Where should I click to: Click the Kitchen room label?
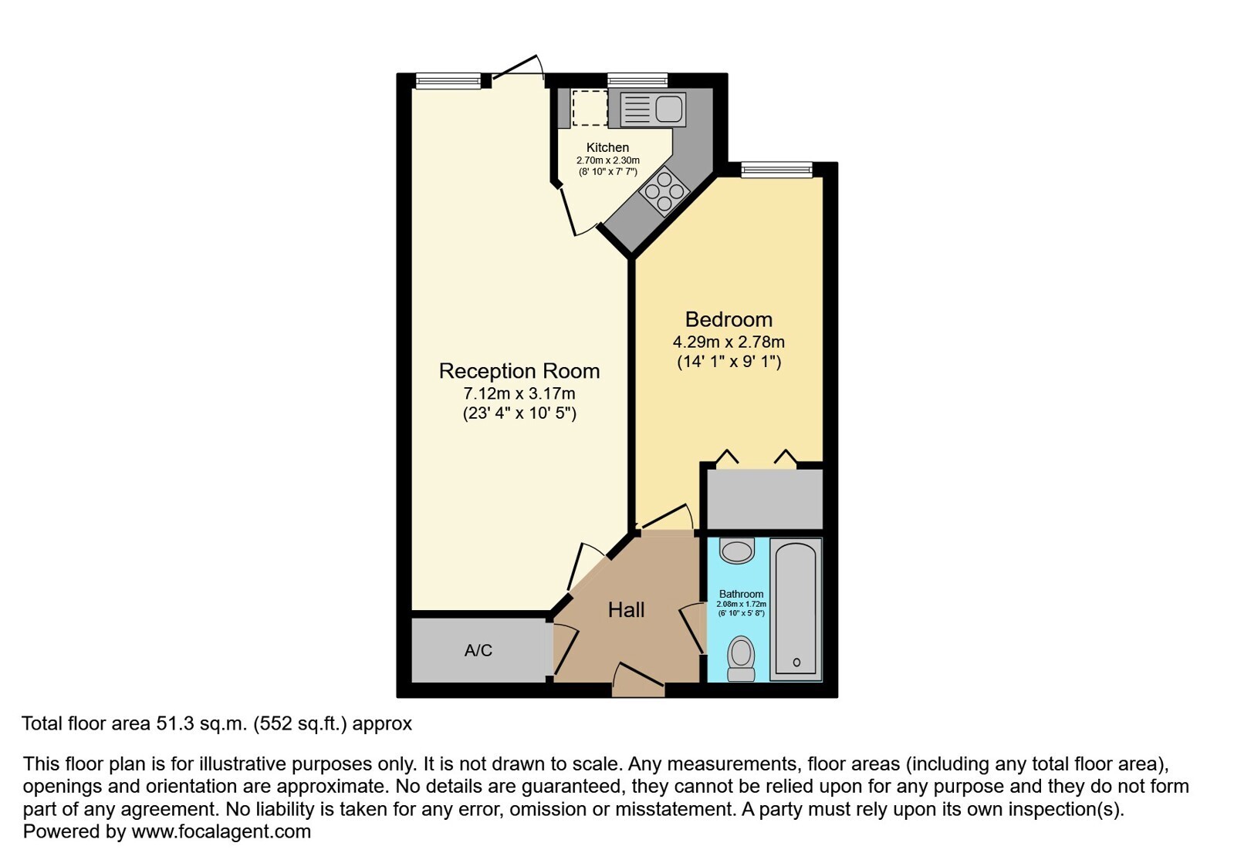[x=607, y=147]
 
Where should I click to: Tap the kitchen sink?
[x=653, y=110]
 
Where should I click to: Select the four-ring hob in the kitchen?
[x=664, y=192]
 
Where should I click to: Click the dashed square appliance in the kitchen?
[x=590, y=109]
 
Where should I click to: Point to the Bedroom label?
[x=729, y=319]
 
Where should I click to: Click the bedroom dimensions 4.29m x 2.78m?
[x=729, y=342]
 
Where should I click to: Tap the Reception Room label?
[x=519, y=371]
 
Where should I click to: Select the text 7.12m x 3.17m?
[x=519, y=393]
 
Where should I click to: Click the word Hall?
[x=626, y=610]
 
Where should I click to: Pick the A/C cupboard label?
[x=478, y=651]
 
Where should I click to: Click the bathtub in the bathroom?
[x=796, y=610]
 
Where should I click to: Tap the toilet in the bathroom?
[x=741, y=659]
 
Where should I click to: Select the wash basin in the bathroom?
[x=737, y=551]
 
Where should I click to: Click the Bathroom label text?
[x=741, y=594]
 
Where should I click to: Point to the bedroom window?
[x=777, y=170]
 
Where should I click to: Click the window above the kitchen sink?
[x=637, y=80]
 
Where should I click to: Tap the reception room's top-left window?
[x=448, y=81]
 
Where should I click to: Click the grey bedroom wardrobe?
[x=765, y=499]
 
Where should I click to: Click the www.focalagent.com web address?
[x=221, y=831]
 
